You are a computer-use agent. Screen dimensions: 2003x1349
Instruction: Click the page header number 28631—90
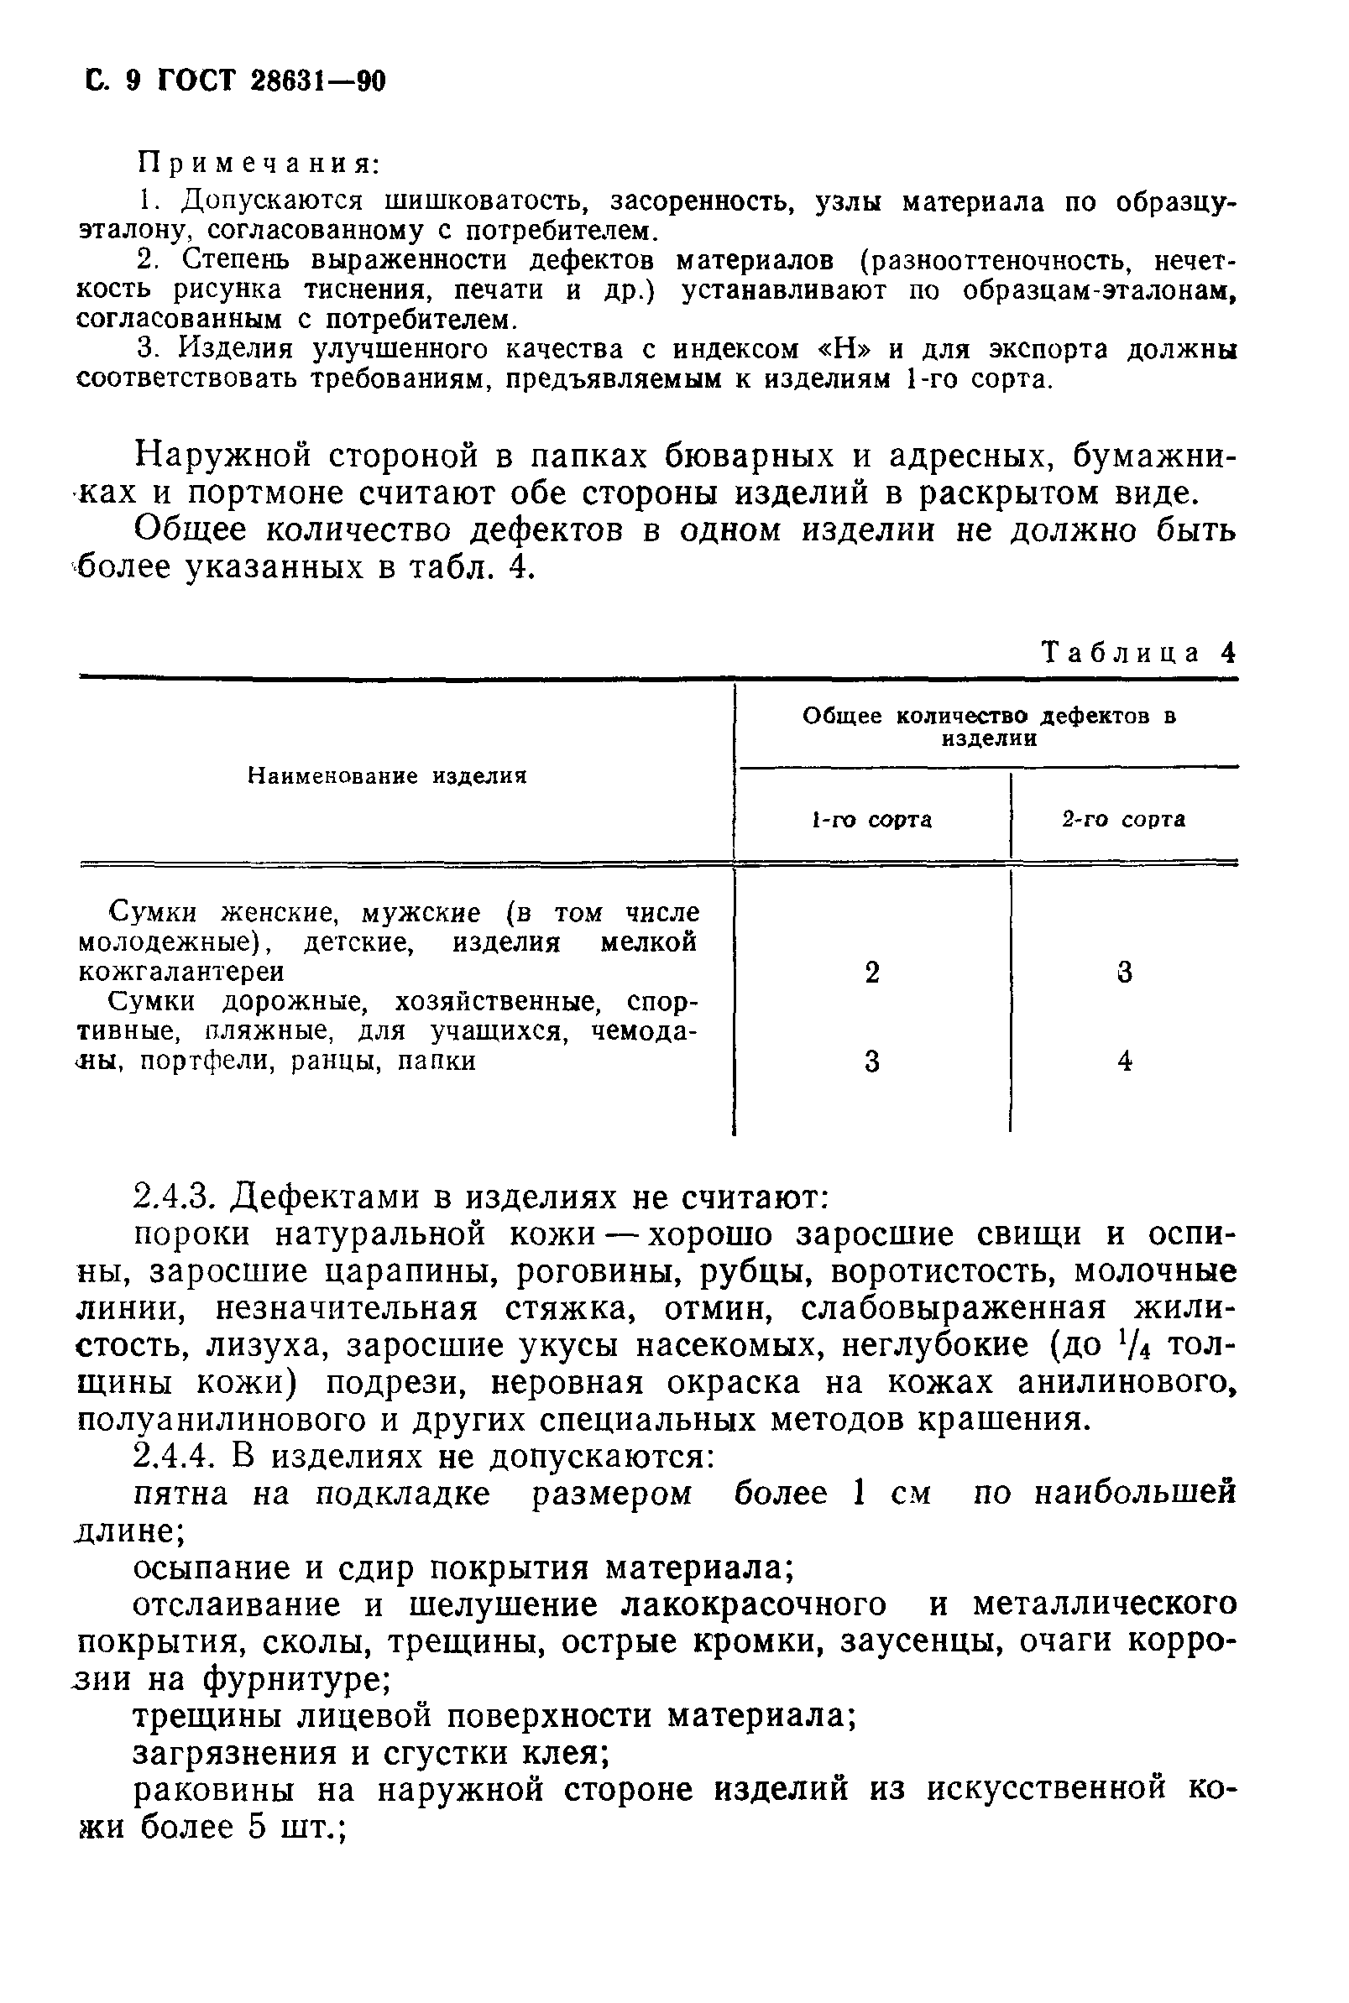click(x=317, y=81)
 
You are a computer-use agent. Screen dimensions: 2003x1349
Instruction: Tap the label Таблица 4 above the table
click(x=1138, y=653)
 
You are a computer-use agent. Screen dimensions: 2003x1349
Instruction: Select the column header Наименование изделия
click(x=387, y=775)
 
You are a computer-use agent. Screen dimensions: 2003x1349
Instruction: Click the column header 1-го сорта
click(x=871, y=820)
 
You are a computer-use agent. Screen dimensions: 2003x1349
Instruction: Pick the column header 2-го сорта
click(x=1123, y=820)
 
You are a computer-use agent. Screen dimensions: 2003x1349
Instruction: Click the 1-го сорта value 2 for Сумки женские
click(x=872, y=973)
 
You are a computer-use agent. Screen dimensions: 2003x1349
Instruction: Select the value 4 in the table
click(x=1125, y=1061)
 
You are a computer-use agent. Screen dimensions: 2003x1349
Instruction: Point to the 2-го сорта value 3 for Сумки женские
click(x=1125, y=973)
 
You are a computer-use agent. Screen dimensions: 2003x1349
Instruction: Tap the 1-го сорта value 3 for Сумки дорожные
click(x=872, y=1062)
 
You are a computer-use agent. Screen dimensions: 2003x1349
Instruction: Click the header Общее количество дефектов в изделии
click(x=989, y=727)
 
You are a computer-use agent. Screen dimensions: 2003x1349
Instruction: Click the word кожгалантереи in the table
click(x=181, y=972)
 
